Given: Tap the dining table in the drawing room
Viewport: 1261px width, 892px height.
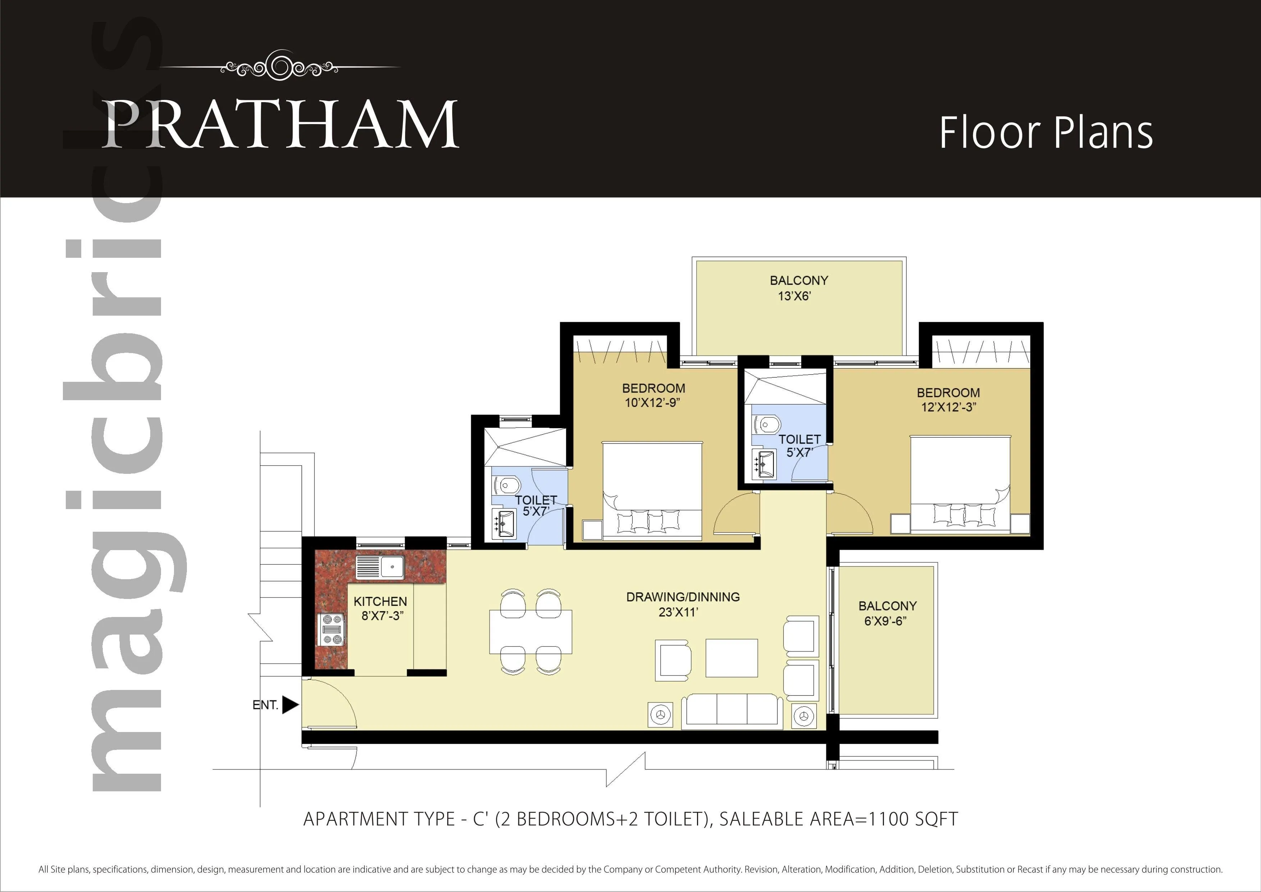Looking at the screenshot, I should click(531, 632).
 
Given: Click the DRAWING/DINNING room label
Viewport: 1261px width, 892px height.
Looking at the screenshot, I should click(683, 604).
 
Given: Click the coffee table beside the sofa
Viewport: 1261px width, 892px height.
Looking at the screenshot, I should click(732, 658).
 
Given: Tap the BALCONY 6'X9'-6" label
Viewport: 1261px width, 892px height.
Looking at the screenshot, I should click(887, 613).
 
